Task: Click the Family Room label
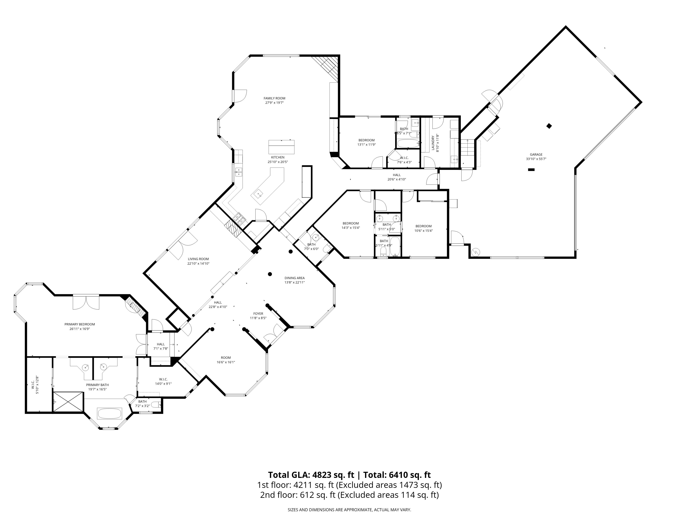pos(274,98)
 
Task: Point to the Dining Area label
pos(294,278)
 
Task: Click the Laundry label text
pos(433,143)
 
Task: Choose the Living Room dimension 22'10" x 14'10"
pos(199,263)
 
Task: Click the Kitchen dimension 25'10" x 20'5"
pos(278,162)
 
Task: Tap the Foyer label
pos(258,314)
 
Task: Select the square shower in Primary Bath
pos(68,401)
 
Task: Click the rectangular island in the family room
pos(281,147)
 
